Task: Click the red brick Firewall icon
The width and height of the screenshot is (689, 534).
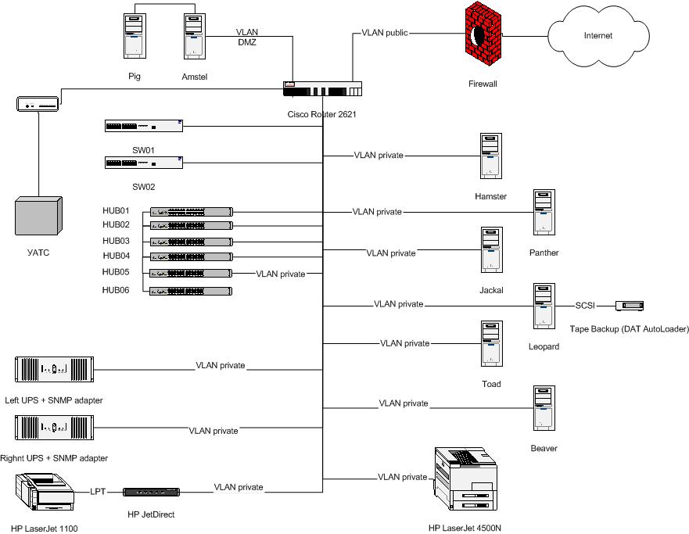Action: click(479, 36)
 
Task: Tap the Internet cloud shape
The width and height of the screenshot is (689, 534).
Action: click(597, 36)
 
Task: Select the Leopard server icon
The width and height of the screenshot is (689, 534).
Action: click(544, 306)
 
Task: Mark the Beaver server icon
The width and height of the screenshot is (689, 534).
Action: click(544, 408)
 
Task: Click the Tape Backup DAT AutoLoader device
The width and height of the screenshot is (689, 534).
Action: click(629, 306)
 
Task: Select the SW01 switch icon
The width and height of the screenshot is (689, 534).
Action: click(143, 125)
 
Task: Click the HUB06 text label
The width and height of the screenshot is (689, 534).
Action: click(116, 290)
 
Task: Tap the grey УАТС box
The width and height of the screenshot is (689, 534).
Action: click(38, 218)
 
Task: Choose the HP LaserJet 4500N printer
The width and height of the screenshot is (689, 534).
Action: click(465, 478)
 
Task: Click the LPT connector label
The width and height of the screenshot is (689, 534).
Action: click(97, 491)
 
